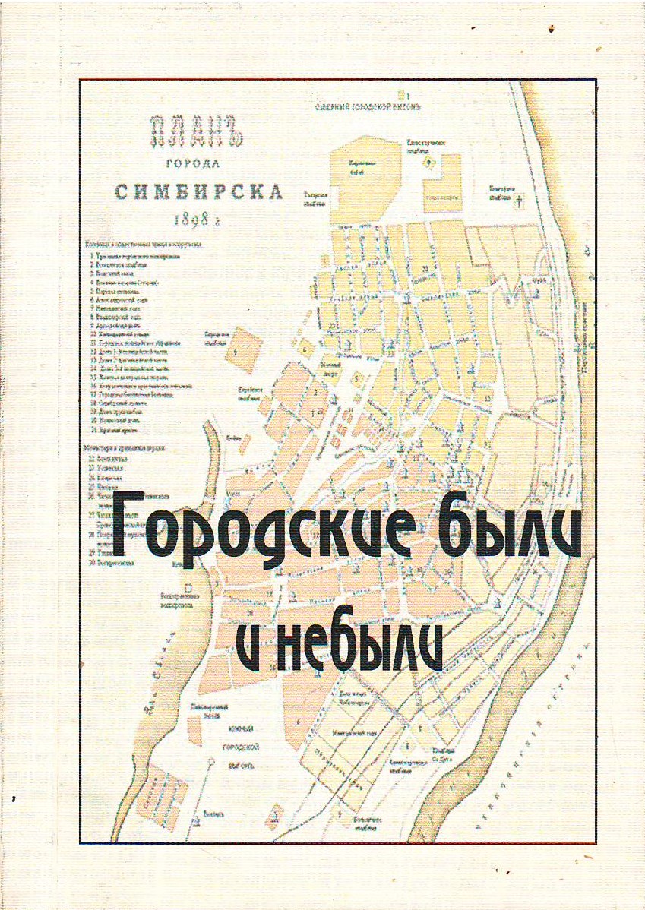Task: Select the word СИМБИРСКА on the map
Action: [x=199, y=191]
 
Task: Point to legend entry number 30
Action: [x=114, y=564]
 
